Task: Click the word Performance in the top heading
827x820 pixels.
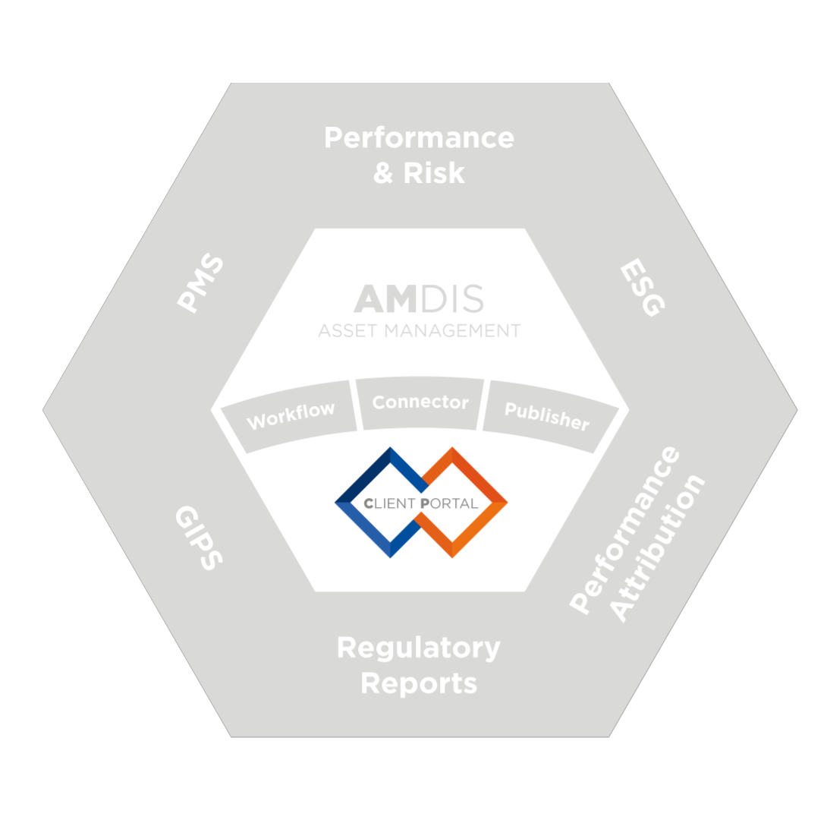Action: pyautogui.click(x=419, y=139)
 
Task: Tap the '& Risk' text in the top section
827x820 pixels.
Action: pyautogui.click(x=419, y=174)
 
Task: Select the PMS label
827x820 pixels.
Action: pyautogui.click(x=201, y=283)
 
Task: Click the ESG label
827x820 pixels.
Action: pyautogui.click(x=641, y=288)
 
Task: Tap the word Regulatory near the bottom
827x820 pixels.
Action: pyautogui.click(x=418, y=648)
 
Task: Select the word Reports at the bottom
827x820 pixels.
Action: pyautogui.click(x=418, y=683)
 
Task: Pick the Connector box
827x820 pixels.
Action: pyautogui.click(x=420, y=402)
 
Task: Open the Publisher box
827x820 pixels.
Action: pyautogui.click(x=546, y=415)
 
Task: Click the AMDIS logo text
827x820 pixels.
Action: pyautogui.click(x=419, y=300)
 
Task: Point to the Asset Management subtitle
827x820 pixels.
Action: pyautogui.click(x=419, y=331)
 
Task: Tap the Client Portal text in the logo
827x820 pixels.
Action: pyautogui.click(x=421, y=503)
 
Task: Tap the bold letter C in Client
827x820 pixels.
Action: pyautogui.click(x=368, y=503)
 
